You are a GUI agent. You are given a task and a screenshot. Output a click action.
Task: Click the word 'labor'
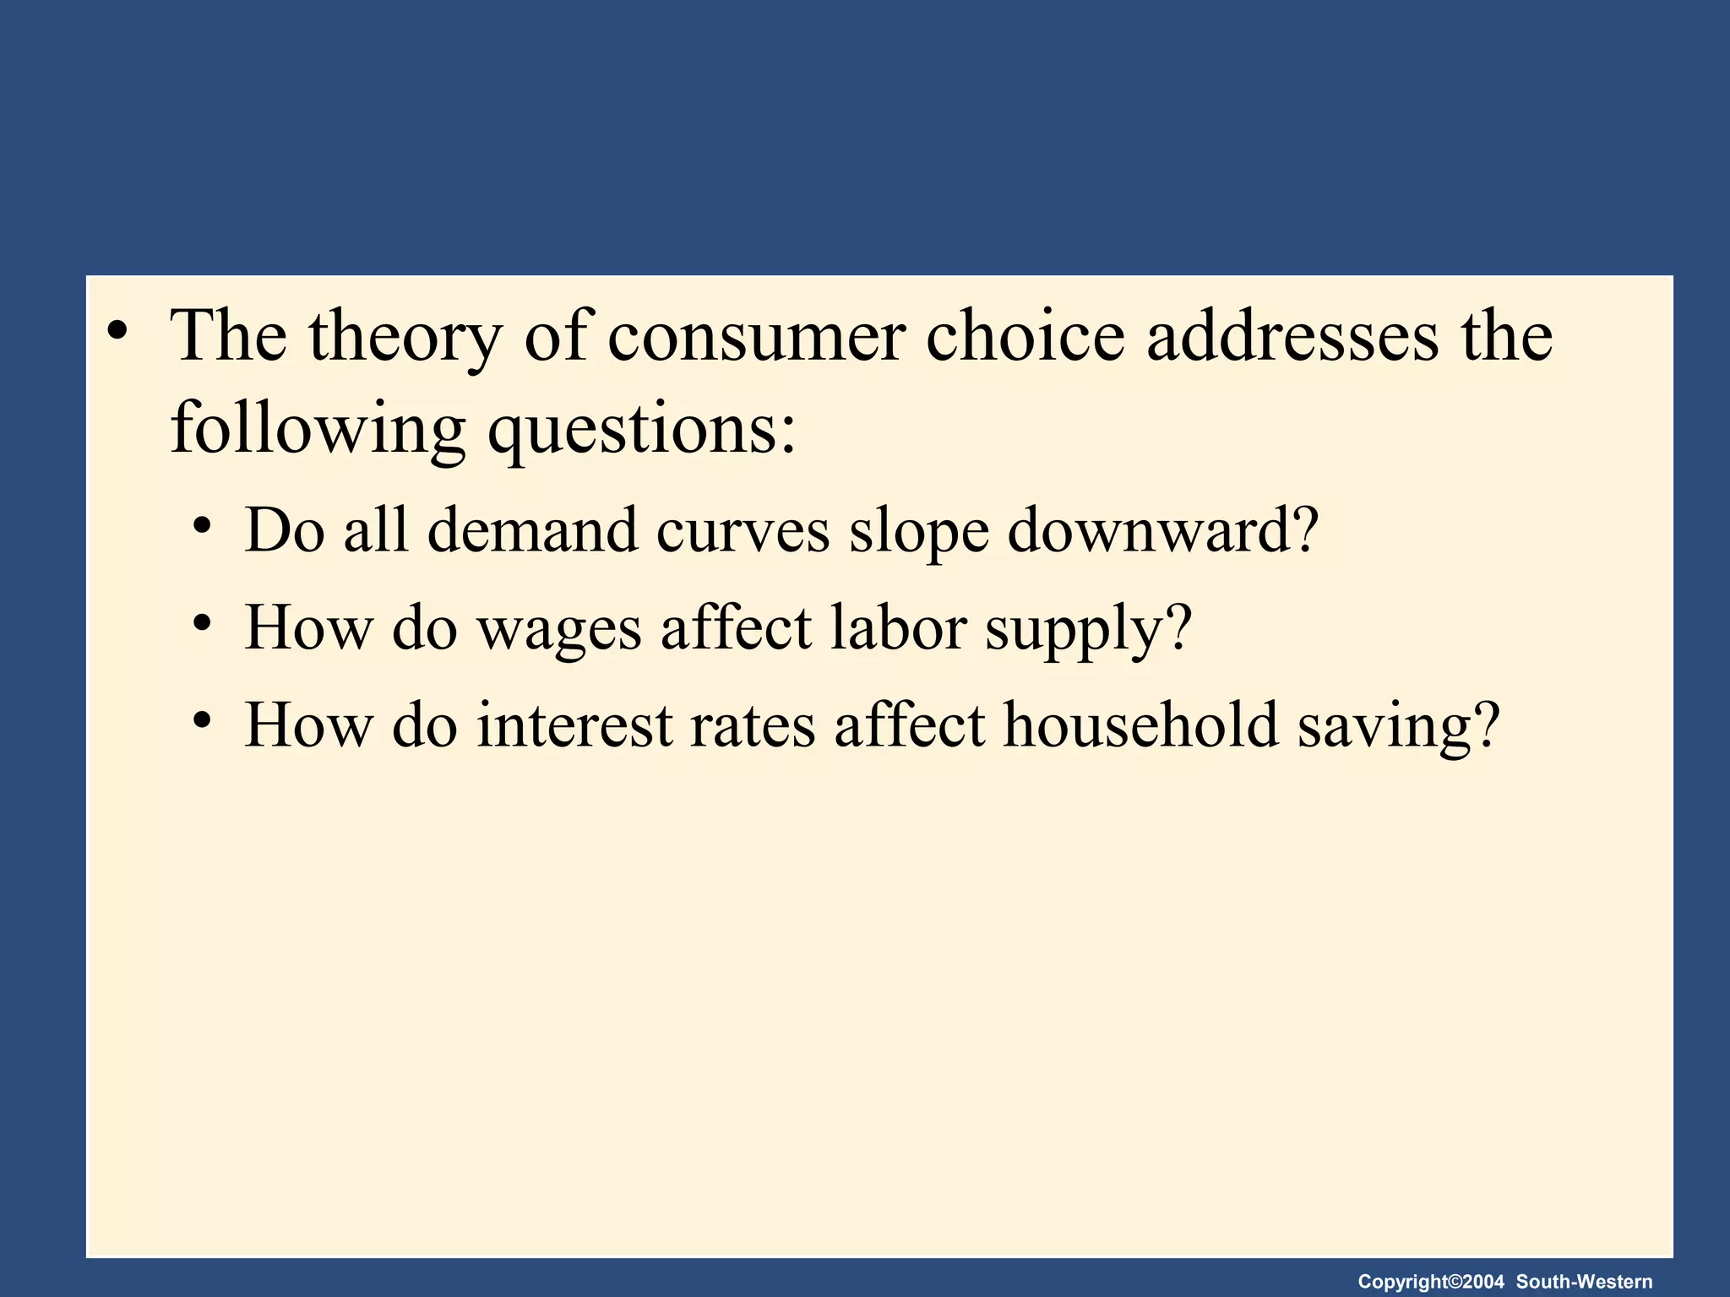pos(898,628)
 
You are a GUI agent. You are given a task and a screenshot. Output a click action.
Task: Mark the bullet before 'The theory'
pos(117,330)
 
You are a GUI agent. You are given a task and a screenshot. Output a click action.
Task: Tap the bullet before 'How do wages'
pos(201,624)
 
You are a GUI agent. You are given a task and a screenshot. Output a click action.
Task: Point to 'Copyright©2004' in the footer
pos(1431,1282)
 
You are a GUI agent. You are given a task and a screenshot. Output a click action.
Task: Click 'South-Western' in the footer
pos(1584,1282)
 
